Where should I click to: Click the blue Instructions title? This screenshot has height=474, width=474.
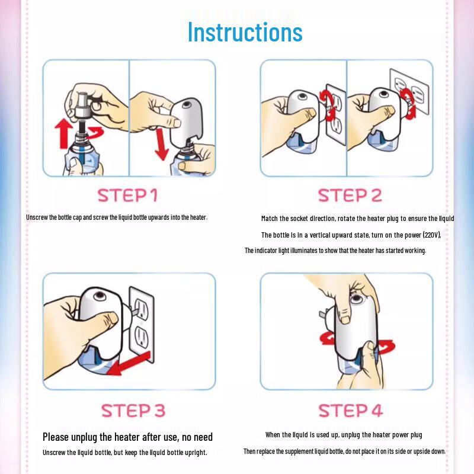[245, 32]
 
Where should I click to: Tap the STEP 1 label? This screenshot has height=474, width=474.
[127, 196]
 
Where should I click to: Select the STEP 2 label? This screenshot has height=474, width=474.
[350, 196]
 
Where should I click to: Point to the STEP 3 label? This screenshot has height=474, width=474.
[133, 411]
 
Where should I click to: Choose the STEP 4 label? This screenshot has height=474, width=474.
[351, 411]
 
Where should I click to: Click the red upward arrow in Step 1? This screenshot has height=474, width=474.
[63, 133]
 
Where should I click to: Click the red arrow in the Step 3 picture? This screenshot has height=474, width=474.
[129, 363]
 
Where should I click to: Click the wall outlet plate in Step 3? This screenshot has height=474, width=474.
[142, 325]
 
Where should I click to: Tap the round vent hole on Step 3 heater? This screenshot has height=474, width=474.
[100, 296]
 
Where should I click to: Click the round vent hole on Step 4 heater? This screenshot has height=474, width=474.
[357, 299]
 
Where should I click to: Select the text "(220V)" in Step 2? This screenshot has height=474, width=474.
[432, 235]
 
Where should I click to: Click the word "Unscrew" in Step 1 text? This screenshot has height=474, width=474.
[37, 217]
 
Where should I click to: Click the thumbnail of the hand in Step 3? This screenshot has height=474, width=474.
[113, 318]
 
